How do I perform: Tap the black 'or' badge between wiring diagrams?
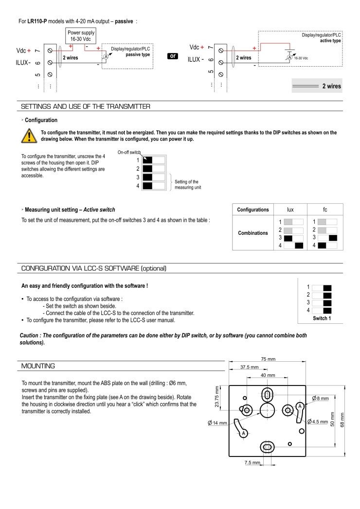(173, 56)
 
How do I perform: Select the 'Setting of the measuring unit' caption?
(186, 184)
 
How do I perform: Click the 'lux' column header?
(290, 210)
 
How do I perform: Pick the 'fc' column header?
(325, 210)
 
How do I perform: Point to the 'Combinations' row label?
(252, 233)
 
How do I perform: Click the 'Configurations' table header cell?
(252, 210)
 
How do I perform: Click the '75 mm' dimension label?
(268, 359)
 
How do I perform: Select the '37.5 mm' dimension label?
(249, 367)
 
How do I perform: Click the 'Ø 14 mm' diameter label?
(217, 423)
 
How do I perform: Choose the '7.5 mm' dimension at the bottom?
(252, 462)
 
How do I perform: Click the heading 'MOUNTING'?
(38, 366)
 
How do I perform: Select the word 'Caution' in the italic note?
(30, 335)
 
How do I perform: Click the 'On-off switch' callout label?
(128, 153)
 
